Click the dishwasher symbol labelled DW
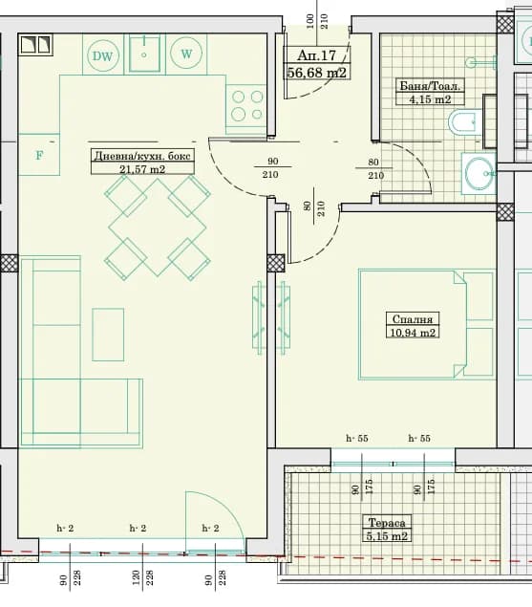pyautogui.click(x=102, y=55)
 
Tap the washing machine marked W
pyautogui.click(x=186, y=54)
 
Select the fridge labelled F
pyautogui.click(x=39, y=155)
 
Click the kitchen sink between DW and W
pyautogui.click(x=144, y=54)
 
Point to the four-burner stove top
pyautogui.click(x=246, y=105)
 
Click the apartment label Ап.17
pyautogui.click(x=316, y=55)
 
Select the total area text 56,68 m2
pyautogui.click(x=317, y=72)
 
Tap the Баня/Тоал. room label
pyautogui.click(x=430, y=85)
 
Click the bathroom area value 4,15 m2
pyautogui.click(x=430, y=99)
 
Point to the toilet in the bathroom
pyautogui.click(x=465, y=122)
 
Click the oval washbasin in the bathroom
pyautogui.click(x=479, y=173)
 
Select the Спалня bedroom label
pyautogui.click(x=412, y=319)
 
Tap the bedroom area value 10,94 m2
pyautogui.click(x=413, y=332)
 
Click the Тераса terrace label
pyautogui.click(x=387, y=523)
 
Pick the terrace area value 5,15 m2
pyautogui.click(x=387, y=536)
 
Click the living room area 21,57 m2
pyautogui.click(x=142, y=169)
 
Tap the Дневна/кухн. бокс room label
pyautogui.click(x=142, y=156)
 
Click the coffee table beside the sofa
pyautogui.click(x=108, y=335)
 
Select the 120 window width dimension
pyautogui.click(x=136, y=577)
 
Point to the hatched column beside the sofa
pyautogui.click(x=10, y=263)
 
